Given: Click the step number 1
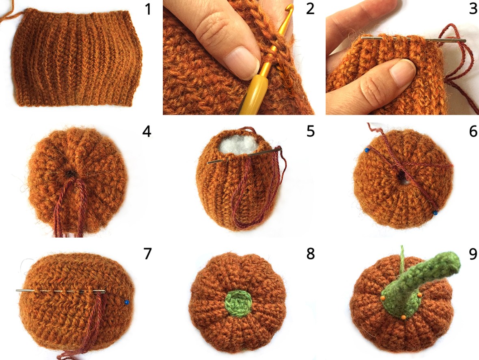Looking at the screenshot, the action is coord(148,9).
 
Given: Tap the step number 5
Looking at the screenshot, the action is coord(311,131).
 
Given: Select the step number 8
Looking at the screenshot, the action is coord(311,254).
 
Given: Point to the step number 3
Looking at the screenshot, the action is coord(473,9).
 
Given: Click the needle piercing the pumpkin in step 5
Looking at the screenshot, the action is coord(244,155).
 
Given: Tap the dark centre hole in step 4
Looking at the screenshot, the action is coord(71,174).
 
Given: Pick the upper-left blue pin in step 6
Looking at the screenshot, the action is coord(367,150).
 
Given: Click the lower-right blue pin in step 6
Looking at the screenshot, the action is coord(435,213).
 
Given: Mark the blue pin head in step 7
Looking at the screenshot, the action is coord(127,302).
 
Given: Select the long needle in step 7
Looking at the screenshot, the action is coord(61,291).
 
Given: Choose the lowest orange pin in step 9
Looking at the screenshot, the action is coord(403,317).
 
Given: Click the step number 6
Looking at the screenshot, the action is coord(473,131).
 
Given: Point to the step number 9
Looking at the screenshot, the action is coord(473,254).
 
